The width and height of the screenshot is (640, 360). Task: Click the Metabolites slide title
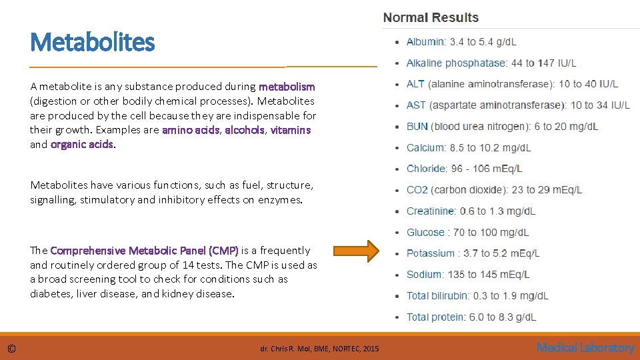click(x=92, y=43)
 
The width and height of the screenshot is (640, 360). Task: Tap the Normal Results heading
click(x=431, y=18)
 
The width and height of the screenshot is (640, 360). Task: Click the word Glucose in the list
click(x=425, y=233)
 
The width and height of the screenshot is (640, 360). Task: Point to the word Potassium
click(x=430, y=253)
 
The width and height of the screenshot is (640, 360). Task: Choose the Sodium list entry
click(x=423, y=275)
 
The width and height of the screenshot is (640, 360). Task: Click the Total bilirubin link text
click(x=437, y=296)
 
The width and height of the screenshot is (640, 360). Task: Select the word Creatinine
click(x=431, y=211)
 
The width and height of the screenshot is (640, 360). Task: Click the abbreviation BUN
click(x=417, y=127)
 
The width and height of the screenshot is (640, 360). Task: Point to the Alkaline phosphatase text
click(x=456, y=63)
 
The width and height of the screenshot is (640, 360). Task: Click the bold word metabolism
click(x=287, y=87)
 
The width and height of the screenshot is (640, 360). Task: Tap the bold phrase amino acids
click(x=191, y=130)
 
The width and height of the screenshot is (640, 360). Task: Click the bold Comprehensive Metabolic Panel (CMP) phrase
click(x=144, y=251)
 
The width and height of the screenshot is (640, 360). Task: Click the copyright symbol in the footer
click(x=12, y=348)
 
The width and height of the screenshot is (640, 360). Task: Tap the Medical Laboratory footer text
click(x=585, y=347)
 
